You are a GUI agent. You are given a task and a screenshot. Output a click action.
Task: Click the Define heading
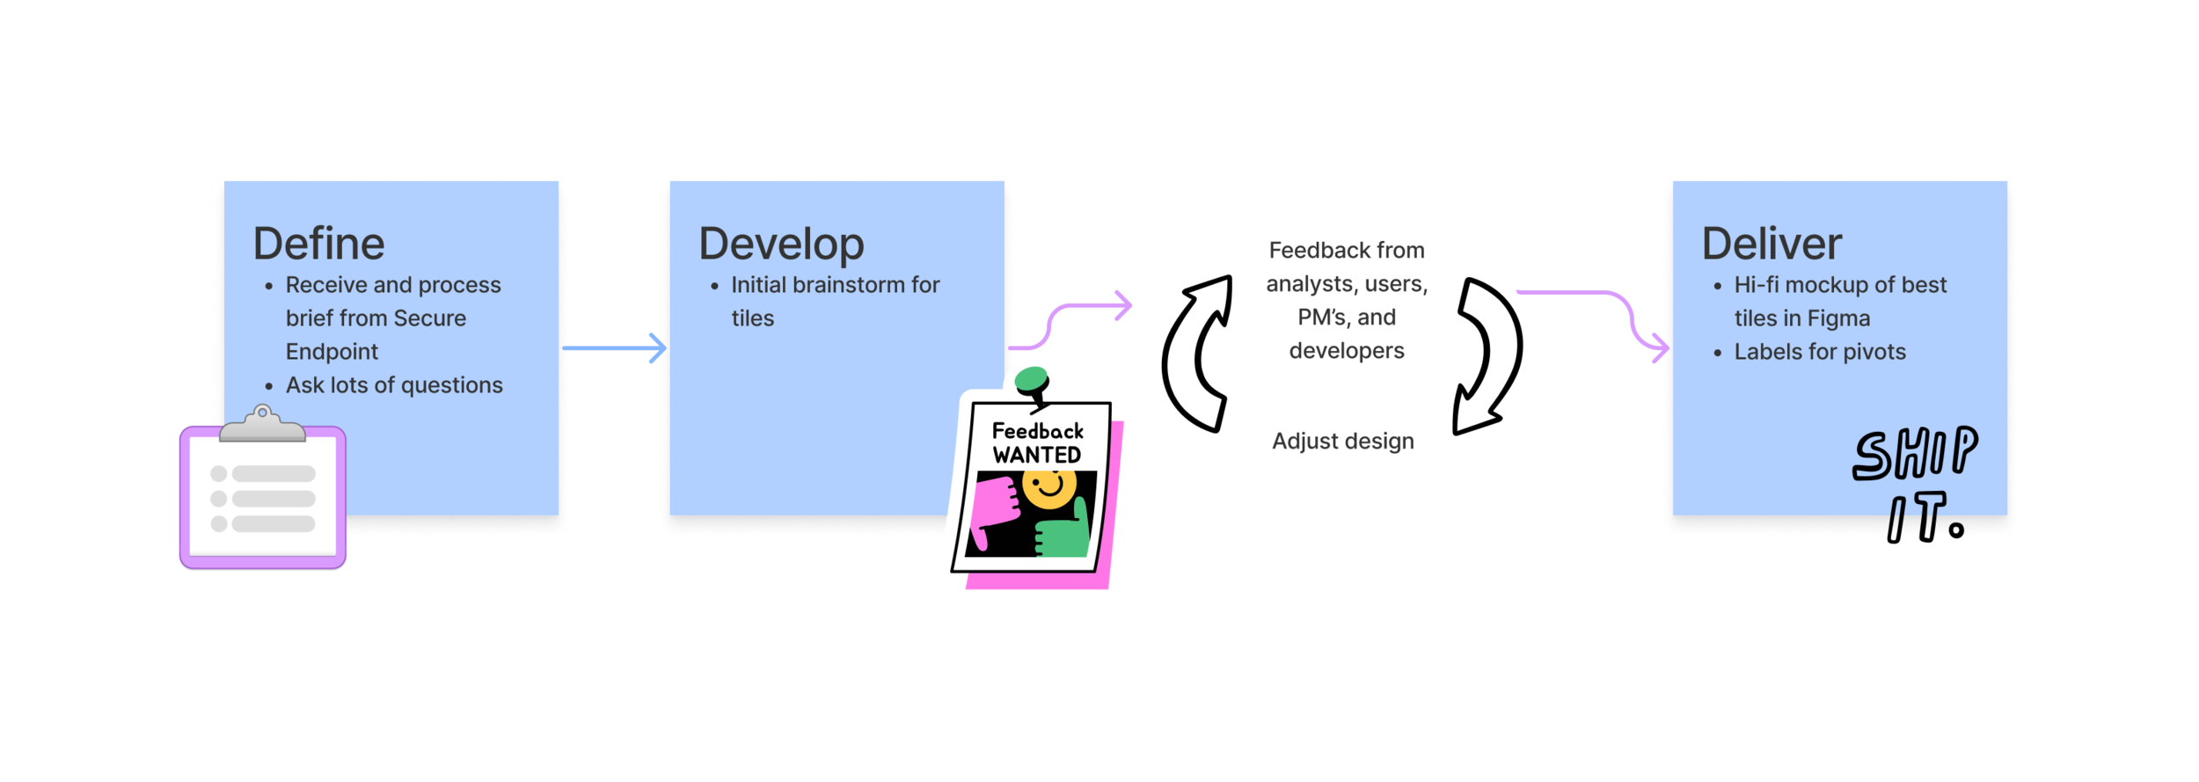[318, 244]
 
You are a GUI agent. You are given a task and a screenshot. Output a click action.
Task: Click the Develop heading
[781, 244]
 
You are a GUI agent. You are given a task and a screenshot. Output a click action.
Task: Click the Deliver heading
[1772, 244]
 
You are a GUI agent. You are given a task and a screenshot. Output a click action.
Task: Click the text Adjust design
[1342, 441]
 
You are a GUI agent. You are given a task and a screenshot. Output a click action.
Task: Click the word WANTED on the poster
[1037, 455]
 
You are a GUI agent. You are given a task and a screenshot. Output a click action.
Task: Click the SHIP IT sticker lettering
[1916, 485]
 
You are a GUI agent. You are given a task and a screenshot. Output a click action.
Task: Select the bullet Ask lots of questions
[394, 385]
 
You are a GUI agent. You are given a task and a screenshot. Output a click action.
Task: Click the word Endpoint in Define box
[332, 352]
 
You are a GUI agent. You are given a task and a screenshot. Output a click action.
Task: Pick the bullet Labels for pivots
[1819, 352]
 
